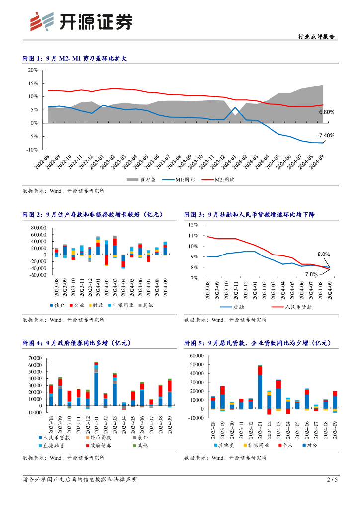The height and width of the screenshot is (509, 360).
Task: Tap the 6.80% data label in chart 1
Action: point(327,112)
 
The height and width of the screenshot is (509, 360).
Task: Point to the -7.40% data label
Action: point(326,135)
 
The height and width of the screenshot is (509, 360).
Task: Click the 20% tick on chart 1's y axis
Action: point(33,70)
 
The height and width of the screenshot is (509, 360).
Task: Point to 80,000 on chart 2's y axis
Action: point(38,228)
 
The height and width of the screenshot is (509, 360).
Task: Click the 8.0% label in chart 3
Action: point(324,254)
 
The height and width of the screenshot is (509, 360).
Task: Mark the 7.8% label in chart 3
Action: point(311,274)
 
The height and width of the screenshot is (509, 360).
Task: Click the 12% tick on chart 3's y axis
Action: point(193,225)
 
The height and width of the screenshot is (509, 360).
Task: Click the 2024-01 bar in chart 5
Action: point(260,387)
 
